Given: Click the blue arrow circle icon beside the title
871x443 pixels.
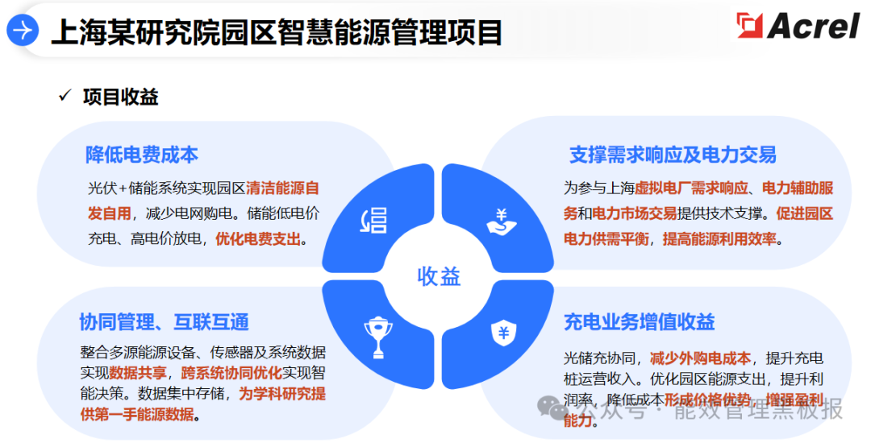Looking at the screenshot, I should coord(23,31).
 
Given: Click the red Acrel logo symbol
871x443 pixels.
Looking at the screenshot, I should coord(749,27).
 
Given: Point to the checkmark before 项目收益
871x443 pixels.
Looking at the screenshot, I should coord(65,97).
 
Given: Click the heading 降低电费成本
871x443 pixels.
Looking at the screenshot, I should coord(142,155).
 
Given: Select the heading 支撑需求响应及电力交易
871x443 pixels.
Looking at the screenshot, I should coord(673,155).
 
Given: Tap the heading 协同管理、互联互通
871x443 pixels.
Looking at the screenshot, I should coord(164,322).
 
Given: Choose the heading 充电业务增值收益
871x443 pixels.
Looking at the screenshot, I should coord(640,322).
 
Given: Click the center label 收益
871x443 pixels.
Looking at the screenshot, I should coord(439,276).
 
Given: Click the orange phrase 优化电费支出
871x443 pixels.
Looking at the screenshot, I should coord(258,238).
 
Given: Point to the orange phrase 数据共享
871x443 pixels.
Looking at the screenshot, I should coord(138,373).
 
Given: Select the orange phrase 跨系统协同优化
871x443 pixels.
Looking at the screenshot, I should coord(231,373).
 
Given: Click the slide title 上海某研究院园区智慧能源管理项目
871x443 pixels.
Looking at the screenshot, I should coord(277,33).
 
